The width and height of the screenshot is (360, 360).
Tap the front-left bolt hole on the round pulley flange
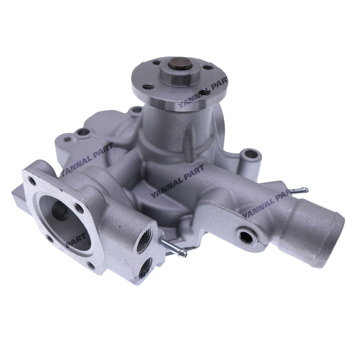[148, 86]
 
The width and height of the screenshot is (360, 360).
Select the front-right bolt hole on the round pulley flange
[204, 93]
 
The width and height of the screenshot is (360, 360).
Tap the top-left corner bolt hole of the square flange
[33, 180]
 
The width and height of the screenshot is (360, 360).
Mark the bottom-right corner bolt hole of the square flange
[91, 266]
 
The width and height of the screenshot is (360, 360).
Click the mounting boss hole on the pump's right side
[252, 154]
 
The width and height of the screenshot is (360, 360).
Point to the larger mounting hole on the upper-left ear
[83, 132]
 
